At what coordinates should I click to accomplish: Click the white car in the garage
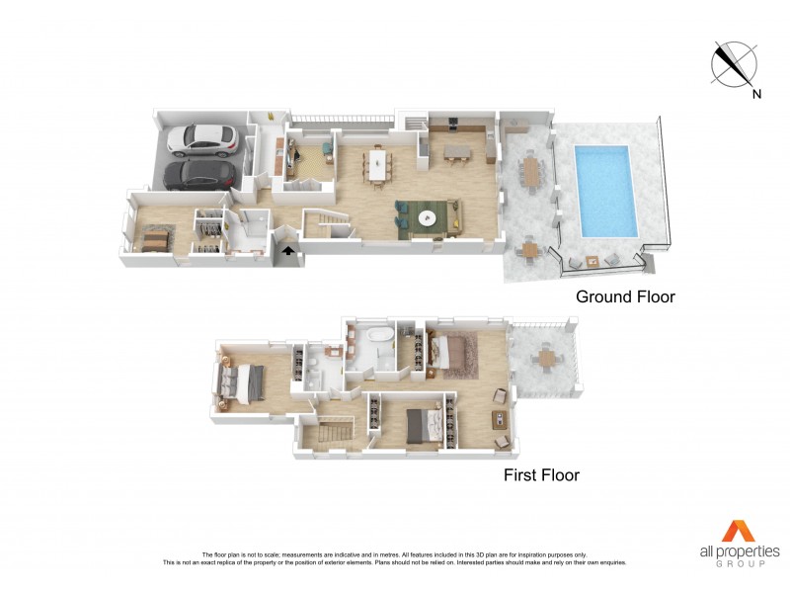(202, 140)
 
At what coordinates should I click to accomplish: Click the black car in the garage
(199, 175)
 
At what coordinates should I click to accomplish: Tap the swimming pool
(604, 190)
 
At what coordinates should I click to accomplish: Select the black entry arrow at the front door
(287, 252)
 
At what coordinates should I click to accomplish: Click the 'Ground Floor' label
(625, 296)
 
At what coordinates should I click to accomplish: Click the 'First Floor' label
(541, 475)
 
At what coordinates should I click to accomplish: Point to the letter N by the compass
(756, 95)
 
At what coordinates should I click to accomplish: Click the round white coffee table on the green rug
(429, 219)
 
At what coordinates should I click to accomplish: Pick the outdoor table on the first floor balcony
(543, 358)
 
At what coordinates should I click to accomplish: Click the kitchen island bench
(460, 151)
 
